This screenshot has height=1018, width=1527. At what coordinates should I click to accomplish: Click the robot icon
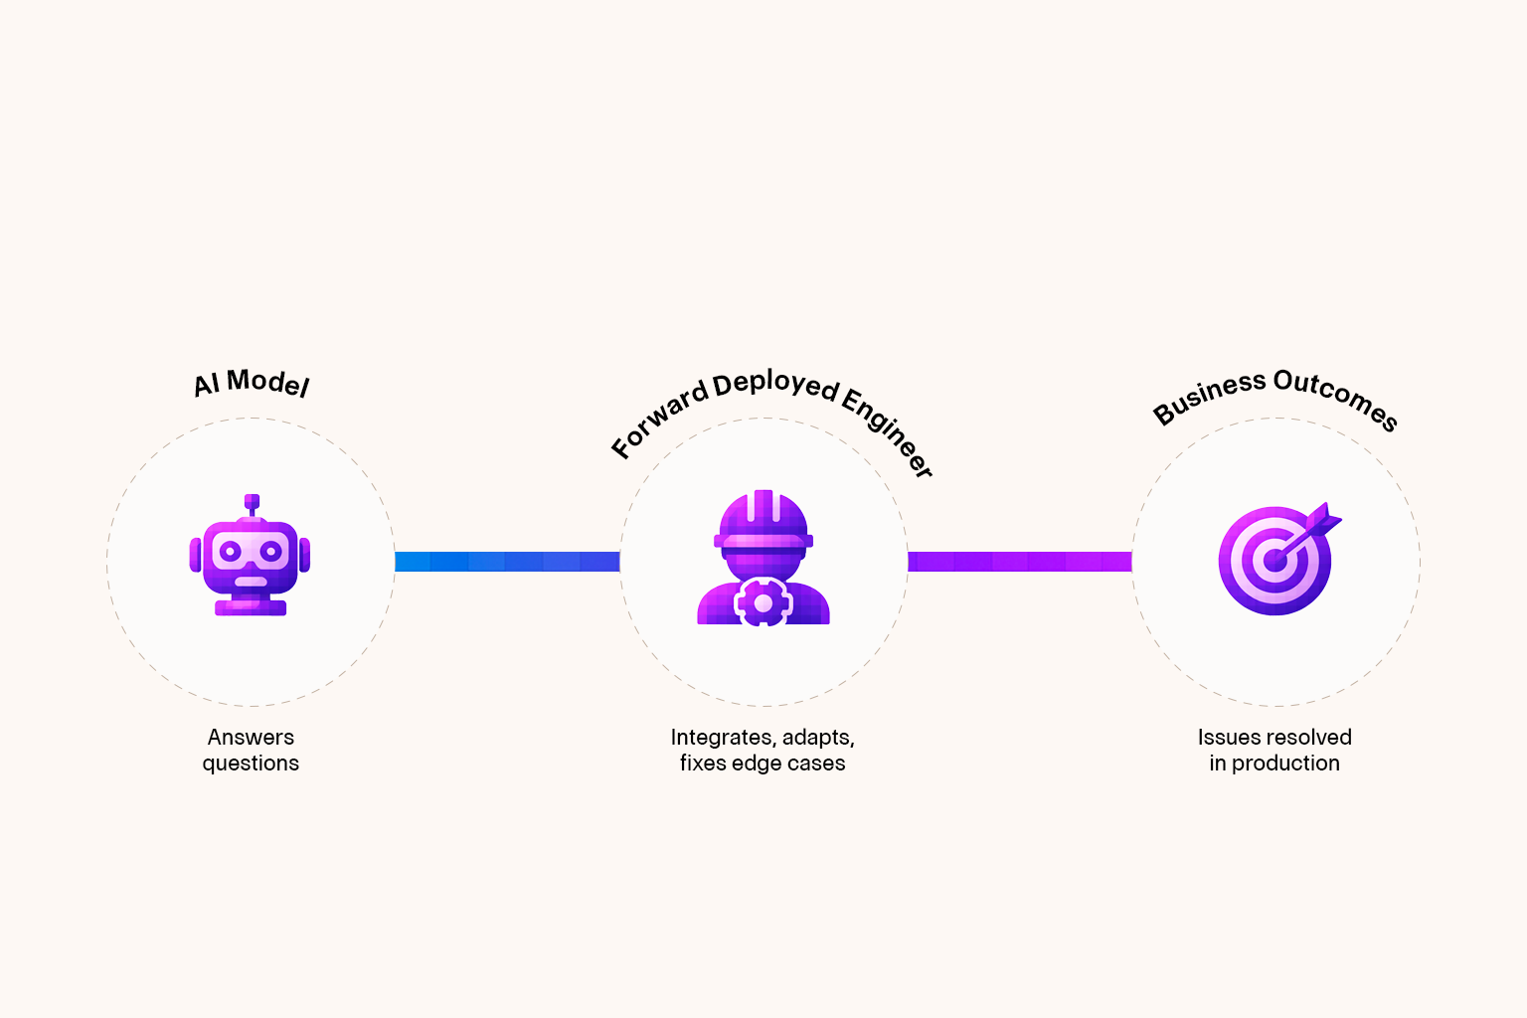(251, 557)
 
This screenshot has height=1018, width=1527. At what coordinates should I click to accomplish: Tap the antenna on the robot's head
(252, 503)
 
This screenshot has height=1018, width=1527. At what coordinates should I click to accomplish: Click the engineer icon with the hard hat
(763, 557)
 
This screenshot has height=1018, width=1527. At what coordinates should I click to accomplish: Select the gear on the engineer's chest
(763, 602)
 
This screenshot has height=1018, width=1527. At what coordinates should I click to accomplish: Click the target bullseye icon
(1274, 562)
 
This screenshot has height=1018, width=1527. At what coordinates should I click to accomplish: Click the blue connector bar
(507, 562)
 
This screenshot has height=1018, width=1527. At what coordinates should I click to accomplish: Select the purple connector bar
(1019, 562)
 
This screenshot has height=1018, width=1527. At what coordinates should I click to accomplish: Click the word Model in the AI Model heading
(268, 383)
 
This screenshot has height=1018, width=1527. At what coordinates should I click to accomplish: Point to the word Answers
(251, 738)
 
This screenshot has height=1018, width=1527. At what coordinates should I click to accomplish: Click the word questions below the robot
(251, 763)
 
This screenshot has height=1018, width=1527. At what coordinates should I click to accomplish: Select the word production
(1285, 763)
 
